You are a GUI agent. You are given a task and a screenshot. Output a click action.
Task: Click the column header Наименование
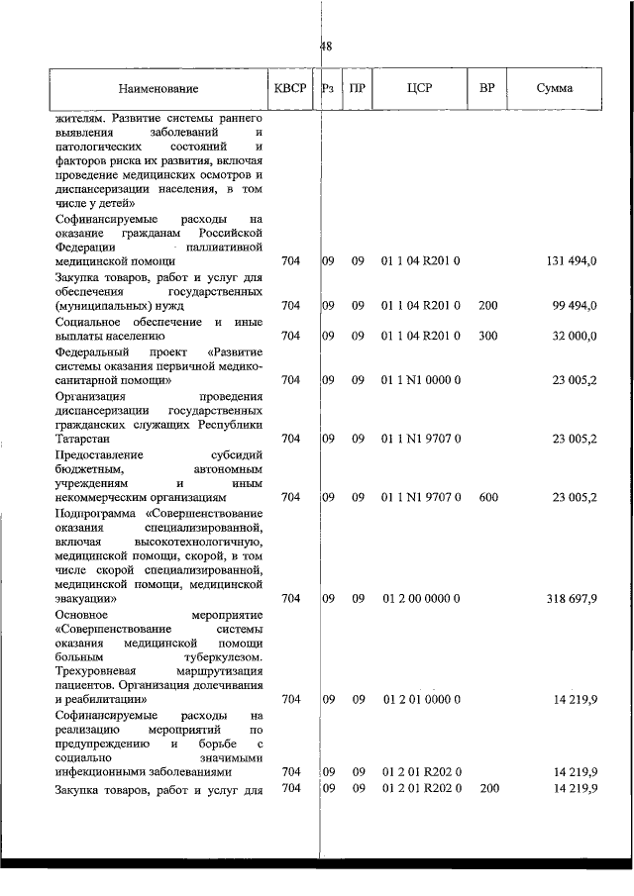pyautogui.click(x=159, y=88)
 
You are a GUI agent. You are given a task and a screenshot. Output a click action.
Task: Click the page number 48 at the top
pyautogui.click(x=326, y=47)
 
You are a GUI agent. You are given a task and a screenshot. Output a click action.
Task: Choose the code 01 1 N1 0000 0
pyautogui.click(x=421, y=379)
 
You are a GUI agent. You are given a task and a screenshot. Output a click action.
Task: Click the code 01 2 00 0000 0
pyautogui.click(x=421, y=598)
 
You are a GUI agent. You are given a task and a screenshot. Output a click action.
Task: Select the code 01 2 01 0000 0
pyautogui.click(x=421, y=699)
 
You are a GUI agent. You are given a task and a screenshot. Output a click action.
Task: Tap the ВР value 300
pyautogui.click(x=487, y=336)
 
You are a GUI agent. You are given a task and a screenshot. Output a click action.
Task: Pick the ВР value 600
pyautogui.click(x=487, y=497)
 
